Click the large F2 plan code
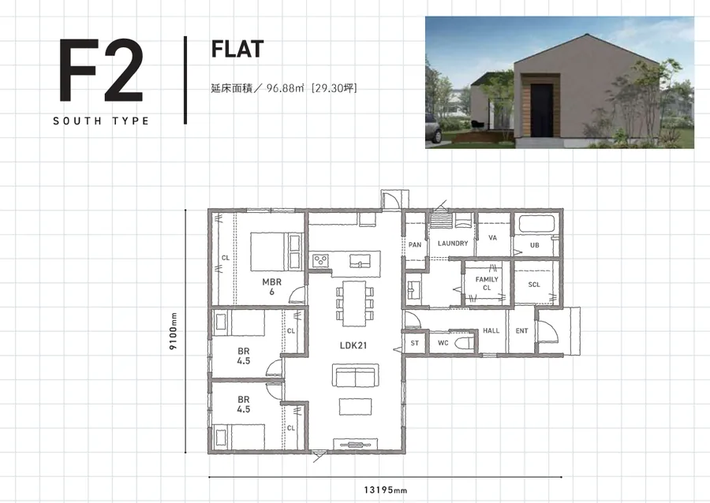tap(101, 70)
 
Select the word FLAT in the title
tap(237, 49)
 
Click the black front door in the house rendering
tap(541, 110)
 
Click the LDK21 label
tap(353, 345)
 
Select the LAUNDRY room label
tap(453, 244)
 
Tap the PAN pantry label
tap(415, 244)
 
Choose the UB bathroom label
tap(534, 245)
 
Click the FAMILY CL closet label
tap(487, 284)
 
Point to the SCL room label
tap(534, 285)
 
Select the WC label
tap(443, 343)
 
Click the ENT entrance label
tap(521, 331)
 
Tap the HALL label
tap(491, 330)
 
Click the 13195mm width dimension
tap(385, 490)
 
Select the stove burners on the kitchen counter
tap(320, 260)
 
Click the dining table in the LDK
tap(354, 304)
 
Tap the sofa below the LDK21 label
tap(356, 375)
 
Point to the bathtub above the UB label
tap(536, 225)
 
